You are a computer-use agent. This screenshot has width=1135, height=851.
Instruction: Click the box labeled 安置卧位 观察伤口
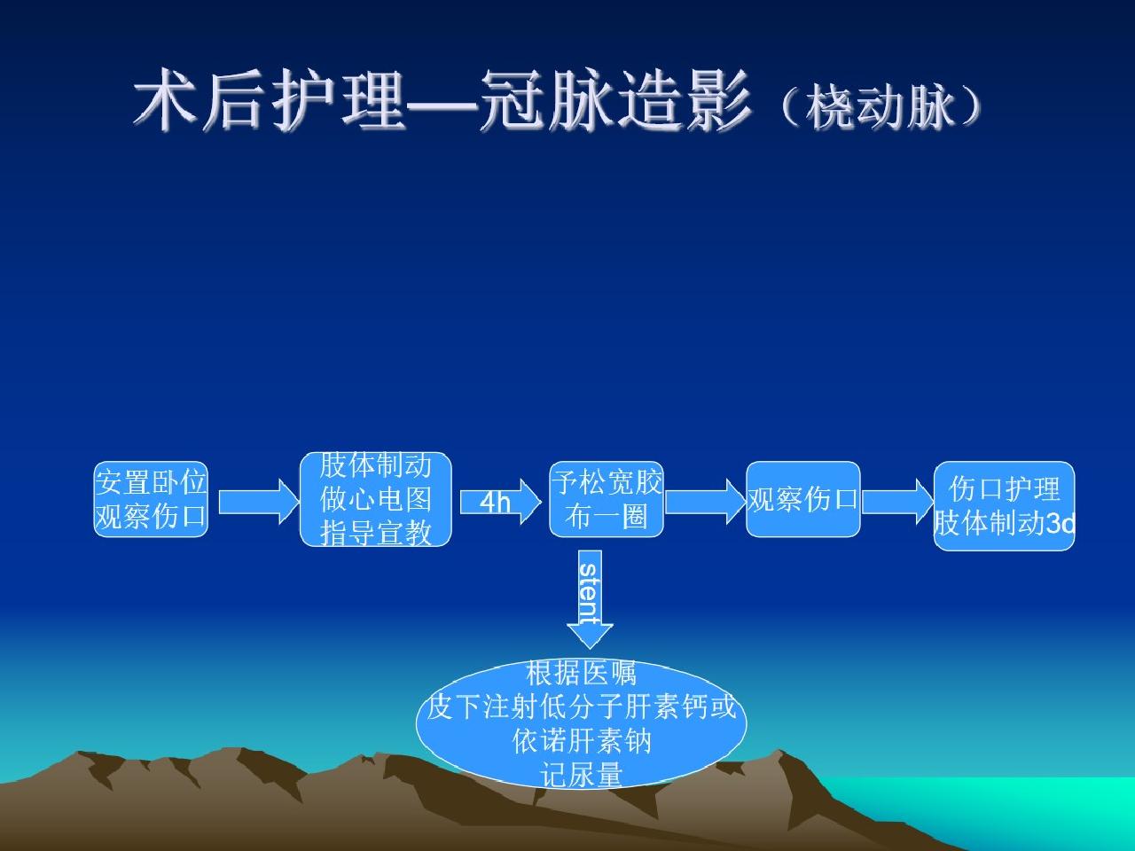[x=151, y=499]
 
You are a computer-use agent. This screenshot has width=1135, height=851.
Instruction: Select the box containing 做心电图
[x=375, y=499]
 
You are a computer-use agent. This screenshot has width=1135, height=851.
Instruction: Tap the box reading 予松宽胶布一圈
[x=607, y=499]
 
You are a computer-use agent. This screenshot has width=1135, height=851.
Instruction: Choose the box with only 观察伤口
[x=802, y=499]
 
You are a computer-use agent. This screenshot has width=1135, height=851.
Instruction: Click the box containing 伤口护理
[x=1004, y=505]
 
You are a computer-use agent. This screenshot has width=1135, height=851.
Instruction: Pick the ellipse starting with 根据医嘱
[x=581, y=723]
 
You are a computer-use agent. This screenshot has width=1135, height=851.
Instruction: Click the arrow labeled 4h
[x=499, y=503]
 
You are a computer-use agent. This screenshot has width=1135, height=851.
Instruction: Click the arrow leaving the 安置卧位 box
[x=258, y=502]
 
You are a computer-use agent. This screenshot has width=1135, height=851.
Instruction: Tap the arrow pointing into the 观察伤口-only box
[x=705, y=502]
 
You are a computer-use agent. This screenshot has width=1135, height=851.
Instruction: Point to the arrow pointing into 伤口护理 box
[x=896, y=502]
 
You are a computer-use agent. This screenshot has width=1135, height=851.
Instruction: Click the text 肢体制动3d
[x=1004, y=524]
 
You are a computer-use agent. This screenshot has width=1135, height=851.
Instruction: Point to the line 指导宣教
[x=375, y=532]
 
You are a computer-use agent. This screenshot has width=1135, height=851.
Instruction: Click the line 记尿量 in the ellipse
[x=581, y=776]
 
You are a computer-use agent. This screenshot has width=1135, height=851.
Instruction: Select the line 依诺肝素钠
[x=581, y=740]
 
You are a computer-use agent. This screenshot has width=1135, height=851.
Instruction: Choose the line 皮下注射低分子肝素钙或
[x=581, y=707]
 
